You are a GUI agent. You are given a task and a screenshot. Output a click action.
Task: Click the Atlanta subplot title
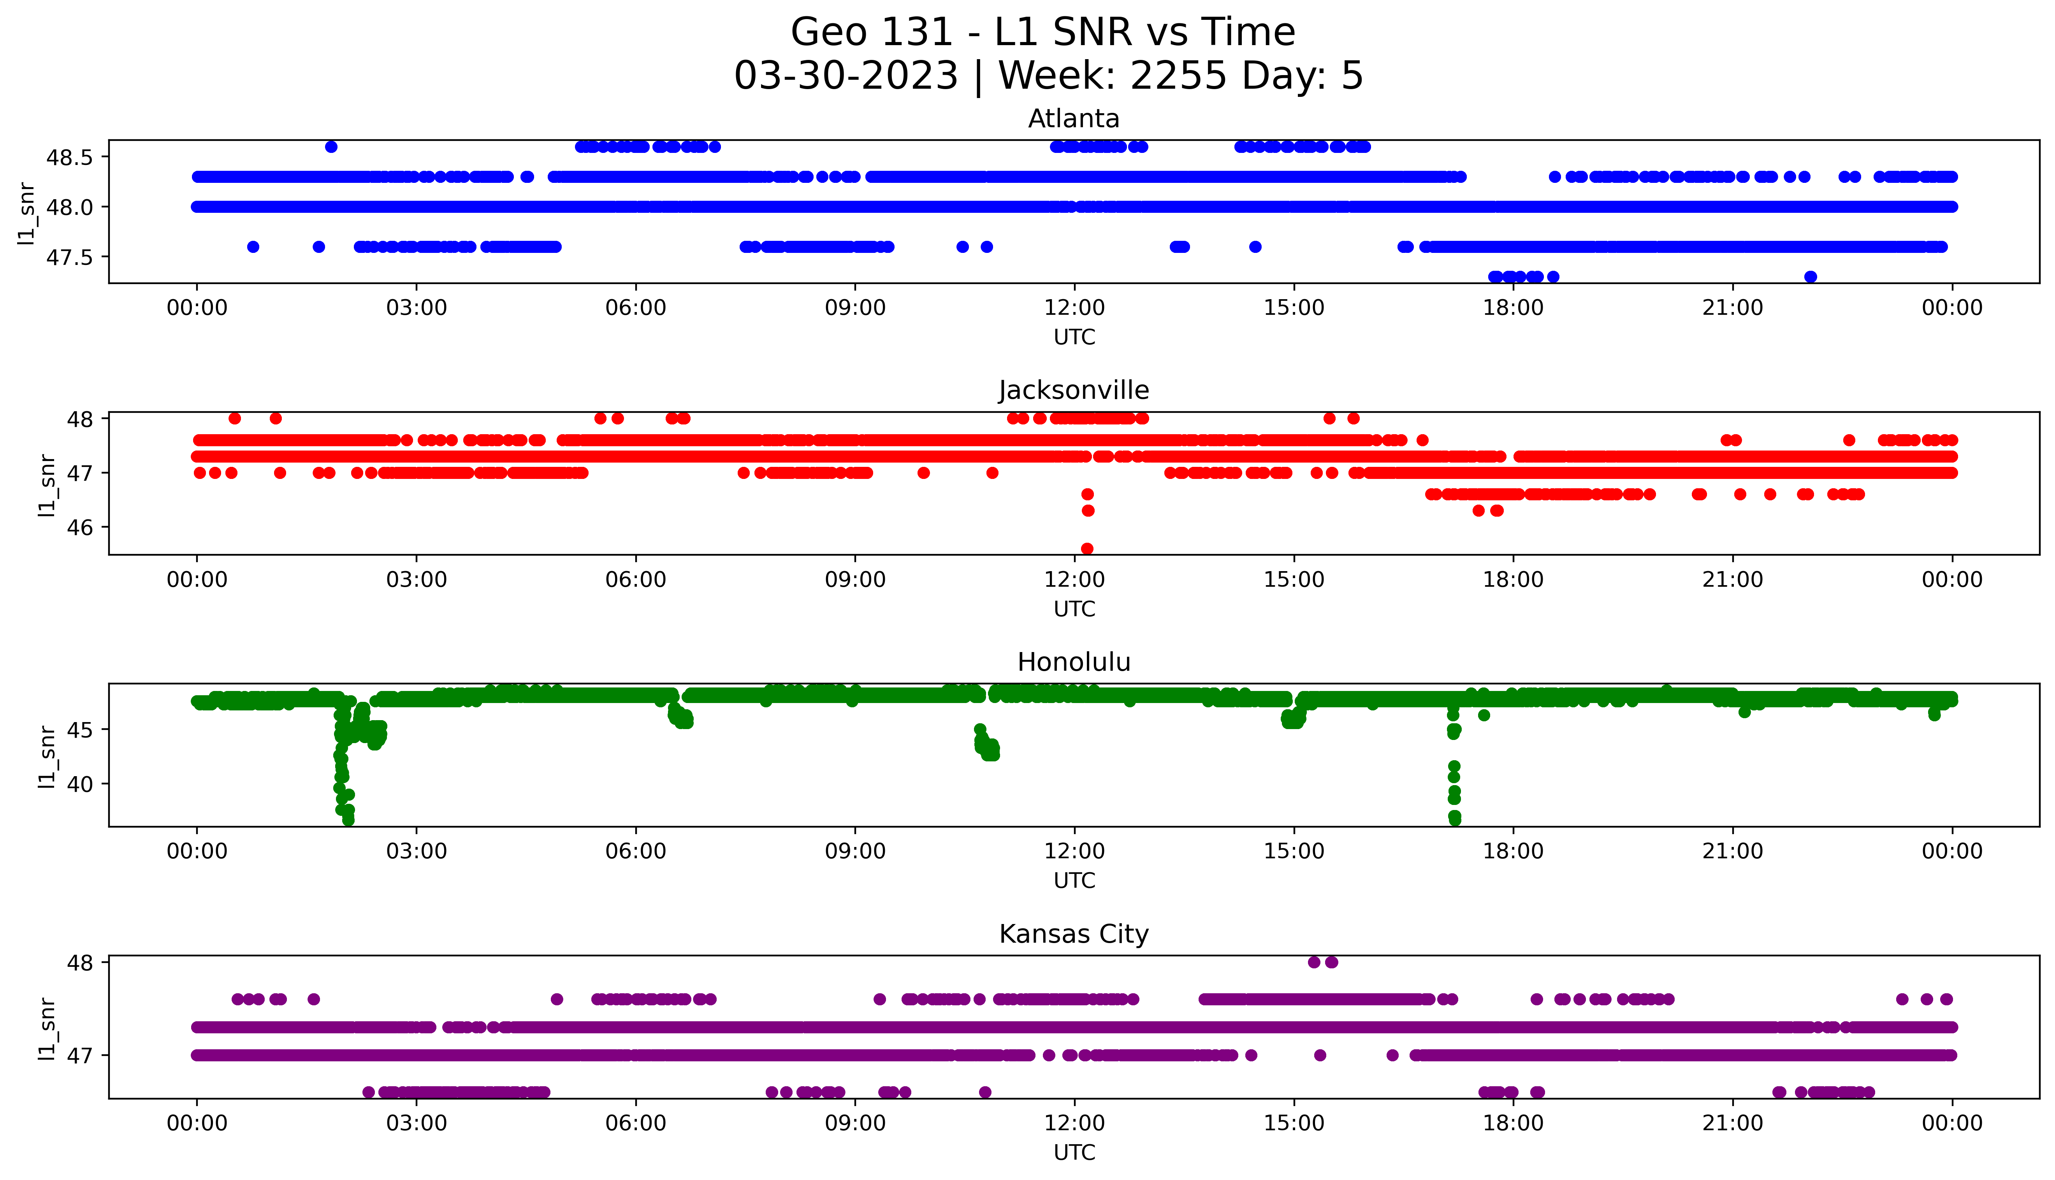pyautogui.click(x=1073, y=119)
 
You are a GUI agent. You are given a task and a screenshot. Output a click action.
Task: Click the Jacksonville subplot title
pyautogui.click(x=1073, y=391)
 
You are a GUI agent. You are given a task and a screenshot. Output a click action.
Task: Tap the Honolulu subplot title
pyautogui.click(x=1073, y=662)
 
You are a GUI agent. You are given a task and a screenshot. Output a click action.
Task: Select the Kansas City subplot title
pyautogui.click(x=1073, y=935)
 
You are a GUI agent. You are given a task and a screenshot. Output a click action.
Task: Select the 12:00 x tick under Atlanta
pyautogui.click(x=1074, y=308)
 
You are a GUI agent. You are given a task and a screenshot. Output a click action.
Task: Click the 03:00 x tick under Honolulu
pyautogui.click(x=417, y=852)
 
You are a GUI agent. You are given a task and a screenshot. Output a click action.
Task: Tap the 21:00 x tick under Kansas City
pyautogui.click(x=1732, y=1123)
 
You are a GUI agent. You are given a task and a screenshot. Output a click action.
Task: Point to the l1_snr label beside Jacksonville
pyautogui.click(x=47, y=485)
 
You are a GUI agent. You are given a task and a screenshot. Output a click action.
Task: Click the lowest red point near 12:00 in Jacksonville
pyautogui.click(x=1087, y=549)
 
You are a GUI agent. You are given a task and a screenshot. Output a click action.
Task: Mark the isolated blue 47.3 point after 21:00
pyautogui.click(x=1810, y=277)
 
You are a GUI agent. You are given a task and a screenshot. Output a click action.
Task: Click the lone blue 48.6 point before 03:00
pyautogui.click(x=331, y=147)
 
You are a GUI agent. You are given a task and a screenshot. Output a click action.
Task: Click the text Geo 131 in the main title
pyautogui.click(x=872, y=33)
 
